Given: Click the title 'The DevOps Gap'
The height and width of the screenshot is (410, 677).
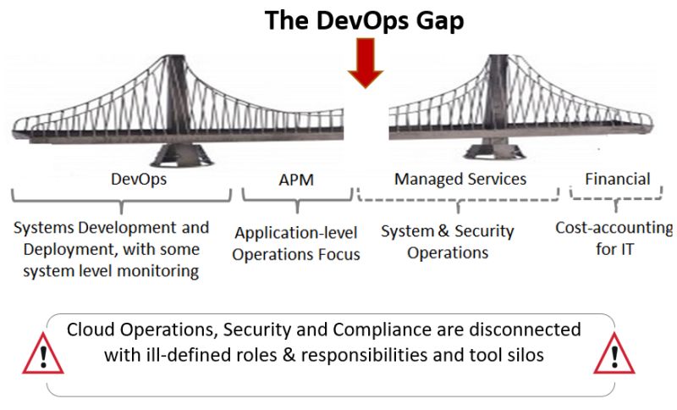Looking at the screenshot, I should tap(364, 20).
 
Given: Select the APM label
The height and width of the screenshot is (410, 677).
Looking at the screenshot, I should tap(296, 180).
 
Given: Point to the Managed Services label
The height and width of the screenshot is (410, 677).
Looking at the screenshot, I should tap(460, 179).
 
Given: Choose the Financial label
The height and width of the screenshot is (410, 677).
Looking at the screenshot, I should tap(617, 179).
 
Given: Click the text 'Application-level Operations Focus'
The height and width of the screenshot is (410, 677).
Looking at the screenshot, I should tap(297, 243).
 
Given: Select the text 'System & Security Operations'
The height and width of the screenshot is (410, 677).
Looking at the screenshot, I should tap(448, 241).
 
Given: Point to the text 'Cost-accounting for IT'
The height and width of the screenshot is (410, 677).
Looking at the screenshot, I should tap(614, 238).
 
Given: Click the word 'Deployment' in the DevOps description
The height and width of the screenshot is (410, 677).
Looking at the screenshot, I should tap(64, 250).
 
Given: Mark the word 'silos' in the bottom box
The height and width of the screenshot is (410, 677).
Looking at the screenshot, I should tap(524, 355).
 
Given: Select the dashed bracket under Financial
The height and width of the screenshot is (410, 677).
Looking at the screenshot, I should tap(616, 198).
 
